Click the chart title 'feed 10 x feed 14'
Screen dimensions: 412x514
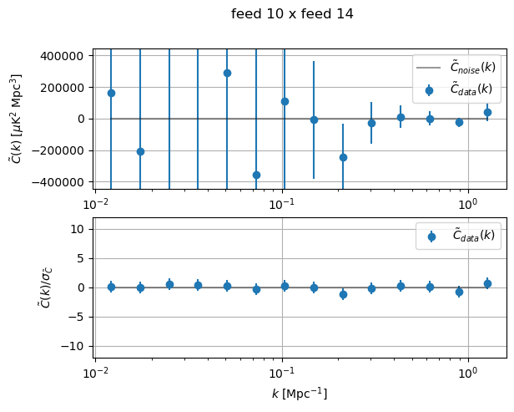[x=292, y=13]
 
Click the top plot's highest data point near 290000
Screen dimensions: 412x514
[x=227, y=73]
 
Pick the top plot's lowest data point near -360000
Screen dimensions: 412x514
[x=256, y=175]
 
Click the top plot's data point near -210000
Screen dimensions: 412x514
[x=140, y=151]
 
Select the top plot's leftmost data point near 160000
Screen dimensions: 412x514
[x=111, y=93]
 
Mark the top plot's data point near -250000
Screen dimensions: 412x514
[x=343, y=157]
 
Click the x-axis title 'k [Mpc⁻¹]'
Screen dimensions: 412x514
[x=300, y=393]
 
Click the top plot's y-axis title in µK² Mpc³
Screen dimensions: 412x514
[x=17, y=118]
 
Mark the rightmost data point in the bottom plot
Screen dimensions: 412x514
[x=487, y=283]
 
